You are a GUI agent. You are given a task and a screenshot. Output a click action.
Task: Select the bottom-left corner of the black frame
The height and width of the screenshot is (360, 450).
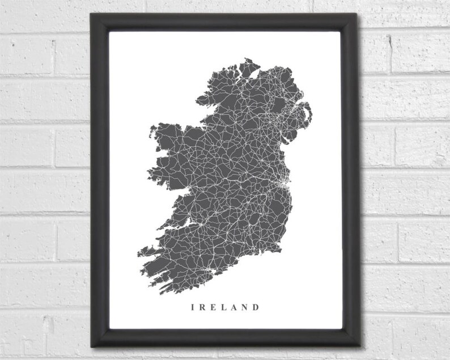[x=91, y=345]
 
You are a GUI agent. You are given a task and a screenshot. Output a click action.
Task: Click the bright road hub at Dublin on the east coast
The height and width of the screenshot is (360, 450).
[x=283, y=184]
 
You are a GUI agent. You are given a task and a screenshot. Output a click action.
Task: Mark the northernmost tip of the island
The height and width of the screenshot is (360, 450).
[x=248, y=58]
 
